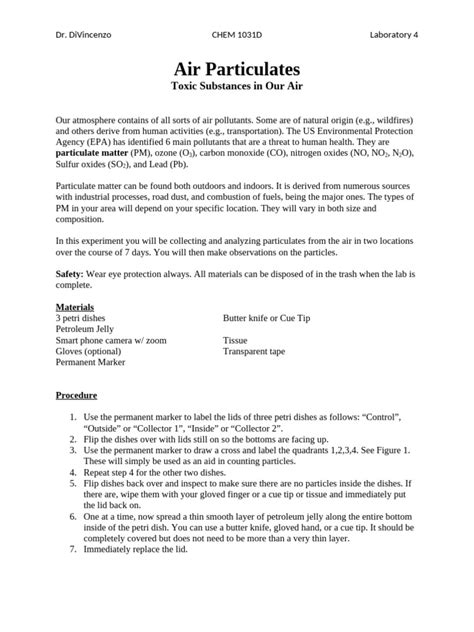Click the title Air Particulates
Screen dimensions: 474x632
tap(237, 69)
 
